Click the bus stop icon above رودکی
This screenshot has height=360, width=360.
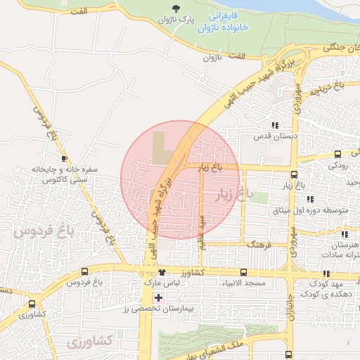(337, 154)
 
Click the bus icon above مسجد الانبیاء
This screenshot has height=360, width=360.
(243, 272)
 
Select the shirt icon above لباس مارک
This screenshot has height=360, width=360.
(162, 272)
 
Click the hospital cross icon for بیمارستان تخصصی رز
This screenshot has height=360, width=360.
(159, 297)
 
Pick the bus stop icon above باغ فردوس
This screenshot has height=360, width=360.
(84, 271)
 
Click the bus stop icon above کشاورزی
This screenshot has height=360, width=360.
(32, 304)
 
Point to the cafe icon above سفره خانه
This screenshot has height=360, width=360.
(65, 158)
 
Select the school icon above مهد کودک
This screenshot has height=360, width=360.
(326, 274)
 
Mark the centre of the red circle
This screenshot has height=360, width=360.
(179, 179)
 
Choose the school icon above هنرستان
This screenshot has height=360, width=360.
(344, 233)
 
